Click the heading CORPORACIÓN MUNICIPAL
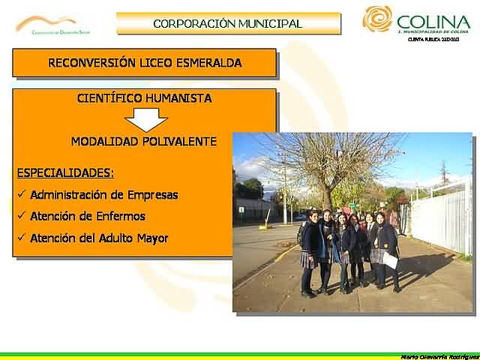(x=227, y=23)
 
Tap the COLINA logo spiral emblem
(x=376, y=19)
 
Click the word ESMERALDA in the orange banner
(x=208, y=63)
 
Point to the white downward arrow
(x=145, y=119)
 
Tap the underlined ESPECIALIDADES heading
(x=65, y=172)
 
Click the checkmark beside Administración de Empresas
(x=21, y=195)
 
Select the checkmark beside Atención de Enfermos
(x=21, y=217)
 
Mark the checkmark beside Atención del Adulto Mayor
(x=21, y=238)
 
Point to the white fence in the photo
(x=442, y=217)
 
